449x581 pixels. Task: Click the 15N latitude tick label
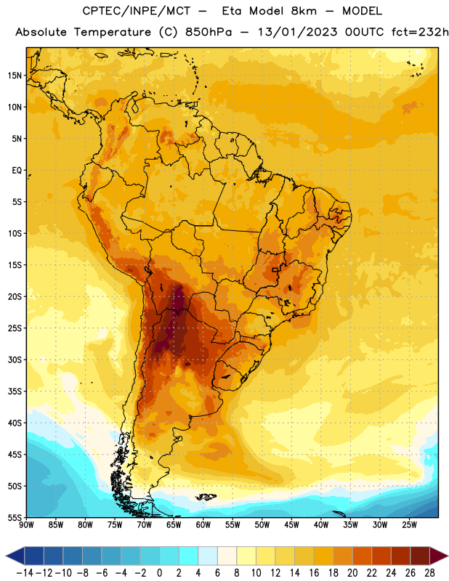[x=15, y=76]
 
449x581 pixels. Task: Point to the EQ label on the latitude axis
[x=17, y=171]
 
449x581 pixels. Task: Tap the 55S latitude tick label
[x=15, y=518]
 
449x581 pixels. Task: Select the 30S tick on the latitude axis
[x=15, y=359]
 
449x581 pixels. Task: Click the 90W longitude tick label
[x=26, y=525]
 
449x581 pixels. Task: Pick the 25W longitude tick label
[x=409, y=525]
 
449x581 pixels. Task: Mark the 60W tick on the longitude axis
[x=203, y=525]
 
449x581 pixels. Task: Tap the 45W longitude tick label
[x=291, y=525]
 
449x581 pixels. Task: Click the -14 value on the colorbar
[x=25, y=573]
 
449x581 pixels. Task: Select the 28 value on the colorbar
[x=429, y=573]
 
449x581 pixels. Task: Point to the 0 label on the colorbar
[x=160, y=573]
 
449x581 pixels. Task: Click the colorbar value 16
[x=314, y=573]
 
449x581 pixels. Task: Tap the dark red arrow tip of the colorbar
[x=443, y=556]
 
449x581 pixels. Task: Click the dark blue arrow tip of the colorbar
[x=10, y=556]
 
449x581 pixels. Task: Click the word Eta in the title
[x=232, y=11]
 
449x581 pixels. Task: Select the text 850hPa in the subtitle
[x=209, y=32]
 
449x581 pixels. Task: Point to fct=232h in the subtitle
[x=420, y=32]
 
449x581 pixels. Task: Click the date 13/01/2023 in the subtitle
[x=297, y=32]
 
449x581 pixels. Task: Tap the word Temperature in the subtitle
[x=113, y=33]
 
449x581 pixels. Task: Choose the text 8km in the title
[x=304, y=11]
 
